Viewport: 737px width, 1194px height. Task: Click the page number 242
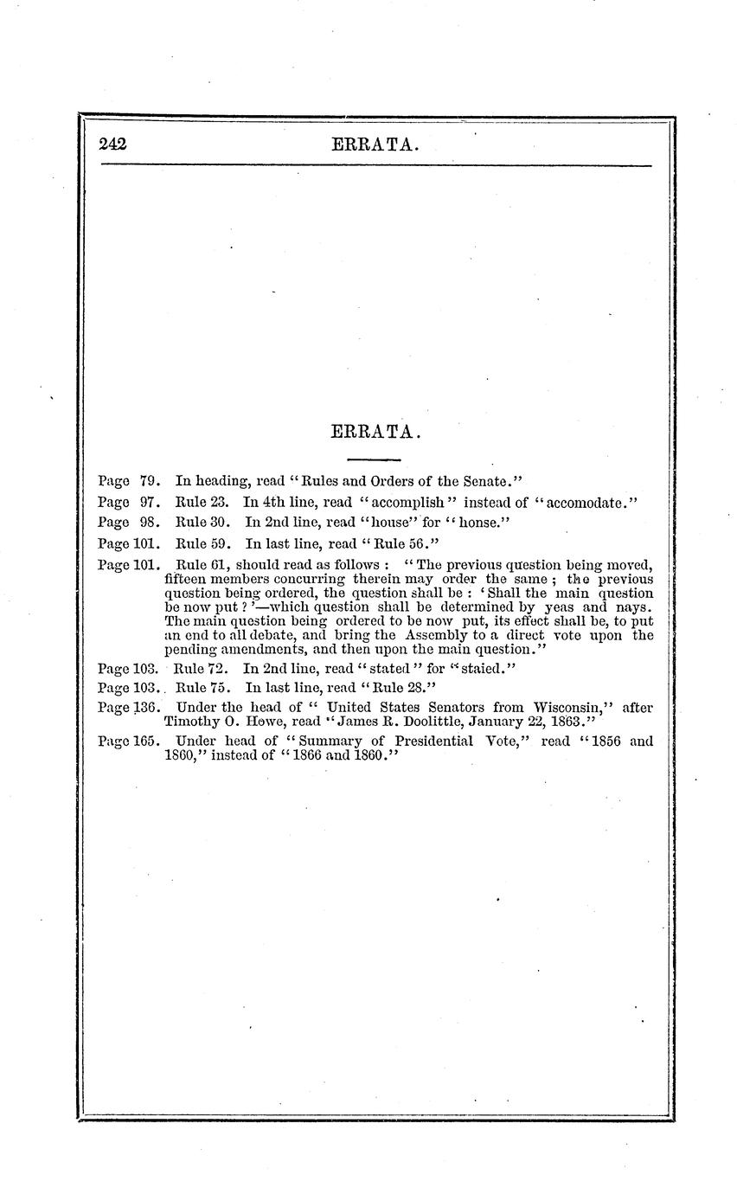[113, 144]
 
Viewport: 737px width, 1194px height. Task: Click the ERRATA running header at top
[375, 145]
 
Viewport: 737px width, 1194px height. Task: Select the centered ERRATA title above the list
[375, 431]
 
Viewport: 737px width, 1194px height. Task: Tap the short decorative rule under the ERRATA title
[374, 459]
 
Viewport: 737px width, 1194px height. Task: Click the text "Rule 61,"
[202, 565]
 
